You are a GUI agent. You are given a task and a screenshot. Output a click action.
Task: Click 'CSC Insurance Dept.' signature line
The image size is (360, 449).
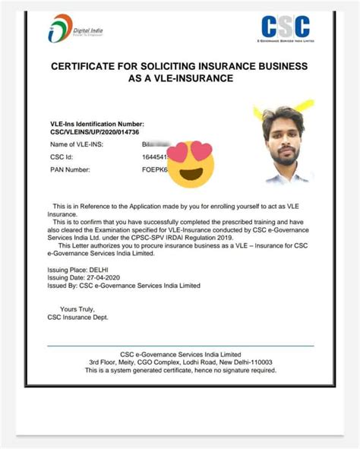(82, 318)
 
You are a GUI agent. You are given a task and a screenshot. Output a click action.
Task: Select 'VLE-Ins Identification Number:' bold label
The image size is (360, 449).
(96, 123)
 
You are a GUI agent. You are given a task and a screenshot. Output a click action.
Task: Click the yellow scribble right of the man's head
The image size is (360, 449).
(305, 106)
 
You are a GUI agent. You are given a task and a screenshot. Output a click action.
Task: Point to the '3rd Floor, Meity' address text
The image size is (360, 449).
(112, 362)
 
